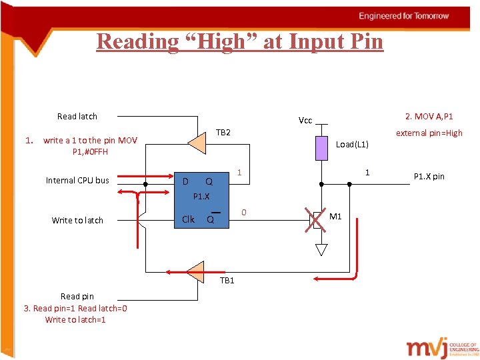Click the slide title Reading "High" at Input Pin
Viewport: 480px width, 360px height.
click(x=240, y=41)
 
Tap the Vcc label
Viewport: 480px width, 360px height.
click(x=305, y=121)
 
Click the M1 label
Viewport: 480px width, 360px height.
click(x=336, y=216)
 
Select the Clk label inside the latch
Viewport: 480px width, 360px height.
click(x=189, y=219)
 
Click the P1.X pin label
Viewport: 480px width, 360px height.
click(x=429, y=177)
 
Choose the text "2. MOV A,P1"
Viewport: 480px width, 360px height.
click(x=429, y=117)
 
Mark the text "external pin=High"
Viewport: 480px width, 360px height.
click(x=429, y=133)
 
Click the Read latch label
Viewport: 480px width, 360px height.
click(x=77, y=117)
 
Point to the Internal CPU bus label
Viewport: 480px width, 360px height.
click(x=77, y=180)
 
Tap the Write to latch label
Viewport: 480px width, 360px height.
click(x=77, y=220)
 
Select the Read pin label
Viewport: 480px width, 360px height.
click(x=77, y=296)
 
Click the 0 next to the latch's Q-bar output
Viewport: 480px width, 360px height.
click(x=244, y=213)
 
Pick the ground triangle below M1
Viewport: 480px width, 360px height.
click(x=321, y=250)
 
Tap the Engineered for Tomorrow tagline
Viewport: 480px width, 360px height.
click(x=404, y=16)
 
